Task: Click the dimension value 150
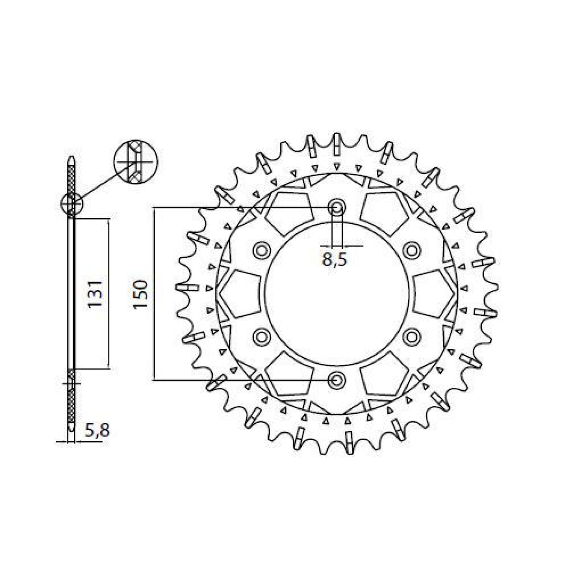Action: (x=142, y=293)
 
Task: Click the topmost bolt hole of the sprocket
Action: (x=337, y=208)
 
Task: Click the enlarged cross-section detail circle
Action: (x=136, y=162)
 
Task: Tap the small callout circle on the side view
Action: (x=72, y=205)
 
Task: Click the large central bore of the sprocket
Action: (x=337, y=293)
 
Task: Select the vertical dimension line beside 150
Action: (x=153, y=293)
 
